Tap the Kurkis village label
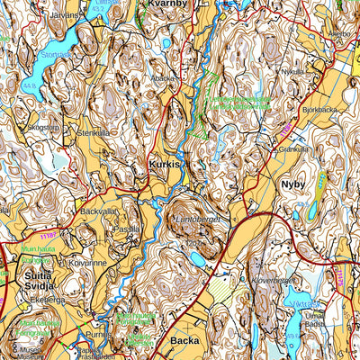tap(166, 166)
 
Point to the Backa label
tap(184, 342)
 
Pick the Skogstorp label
tap(42, 128)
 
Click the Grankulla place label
tap(293, 148)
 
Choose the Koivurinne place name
tap(83, 263)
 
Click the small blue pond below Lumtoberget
tap(196, 259)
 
